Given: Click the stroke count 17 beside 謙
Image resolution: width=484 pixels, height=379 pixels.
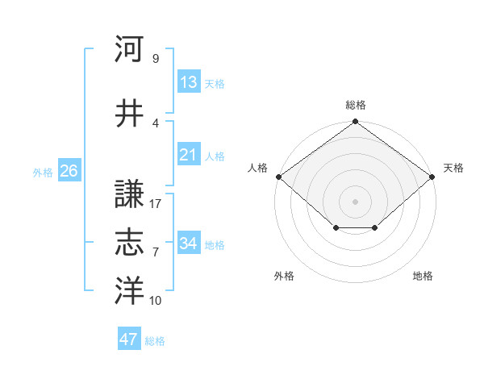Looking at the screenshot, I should [156, 203].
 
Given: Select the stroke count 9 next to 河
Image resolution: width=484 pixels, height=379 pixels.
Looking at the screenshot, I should [155, 58].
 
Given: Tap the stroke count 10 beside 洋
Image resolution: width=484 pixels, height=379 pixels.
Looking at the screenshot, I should [156, 301].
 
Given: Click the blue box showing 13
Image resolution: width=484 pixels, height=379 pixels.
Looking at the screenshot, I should [189, 81].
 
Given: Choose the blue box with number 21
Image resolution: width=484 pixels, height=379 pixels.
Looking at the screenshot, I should [189, 154].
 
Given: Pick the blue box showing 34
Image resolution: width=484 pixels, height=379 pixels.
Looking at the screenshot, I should [189, 243].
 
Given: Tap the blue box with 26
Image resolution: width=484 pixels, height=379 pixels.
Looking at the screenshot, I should [69, 171].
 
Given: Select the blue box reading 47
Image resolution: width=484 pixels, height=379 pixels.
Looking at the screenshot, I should [129, 339].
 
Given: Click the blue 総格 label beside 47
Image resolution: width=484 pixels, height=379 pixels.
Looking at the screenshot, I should [155, 341].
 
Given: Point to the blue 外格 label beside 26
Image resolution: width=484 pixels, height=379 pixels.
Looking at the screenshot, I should [43, 173].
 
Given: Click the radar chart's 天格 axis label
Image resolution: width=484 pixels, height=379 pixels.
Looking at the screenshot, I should [453, 168].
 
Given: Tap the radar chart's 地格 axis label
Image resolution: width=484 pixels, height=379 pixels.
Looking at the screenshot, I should [423, 276].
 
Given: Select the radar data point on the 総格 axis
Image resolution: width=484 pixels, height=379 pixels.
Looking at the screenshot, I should [355, 122].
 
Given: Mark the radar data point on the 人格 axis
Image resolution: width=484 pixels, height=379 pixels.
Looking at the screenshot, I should [279, 177].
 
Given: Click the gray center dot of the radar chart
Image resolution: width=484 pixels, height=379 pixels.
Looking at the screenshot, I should [355, 201].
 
